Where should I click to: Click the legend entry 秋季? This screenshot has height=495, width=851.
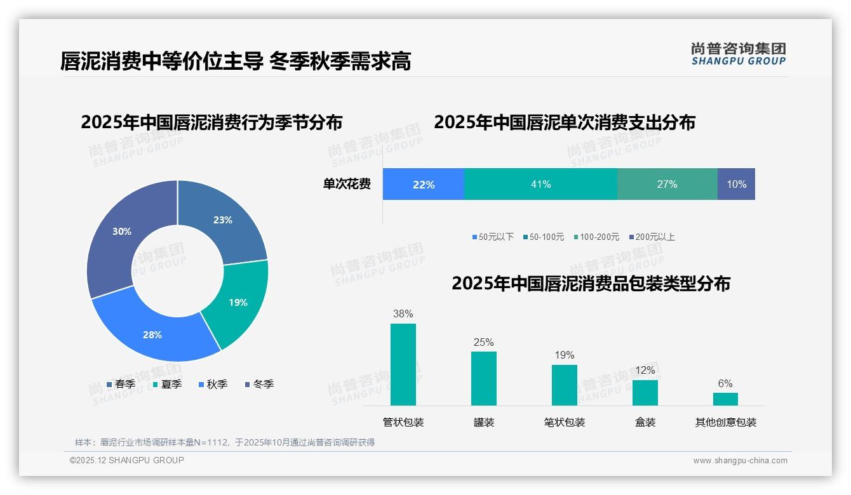pyautogui.click(x=212, y=385)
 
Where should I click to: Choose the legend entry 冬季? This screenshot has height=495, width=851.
pyautogui.click(x=258, y=385)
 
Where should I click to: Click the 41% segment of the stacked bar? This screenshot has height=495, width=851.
pyautogui.click(x=540, y=185)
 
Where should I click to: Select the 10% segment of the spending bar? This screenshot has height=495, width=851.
pyautogui.click(x=736, y=185)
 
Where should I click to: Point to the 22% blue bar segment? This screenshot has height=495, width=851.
pyautogui.click(x=424, y=185)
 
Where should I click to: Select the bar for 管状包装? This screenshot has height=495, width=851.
pyautogui.click(x=403, y=364)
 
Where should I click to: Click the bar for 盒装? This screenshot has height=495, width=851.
pyautogui.click(x=645, y=392)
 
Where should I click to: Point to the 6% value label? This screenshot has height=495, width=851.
pyautogui.click(x=725, y=384)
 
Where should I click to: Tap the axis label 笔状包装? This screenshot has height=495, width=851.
pyautogui.click(x=565, y=423)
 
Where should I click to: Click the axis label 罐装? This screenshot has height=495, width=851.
pyautogui.click(x=484, y=423)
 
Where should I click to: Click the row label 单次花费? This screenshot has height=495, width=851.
pyautogui.click(x=347, y=185)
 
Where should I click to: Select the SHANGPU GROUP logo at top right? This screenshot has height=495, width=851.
pyautogui.click(x=738, y=54)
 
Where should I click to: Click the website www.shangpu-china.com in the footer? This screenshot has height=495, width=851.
pyautogui.click(x=740, y=461)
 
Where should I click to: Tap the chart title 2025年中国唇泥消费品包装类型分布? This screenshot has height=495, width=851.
pyautogui.click(x=591, y=284)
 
